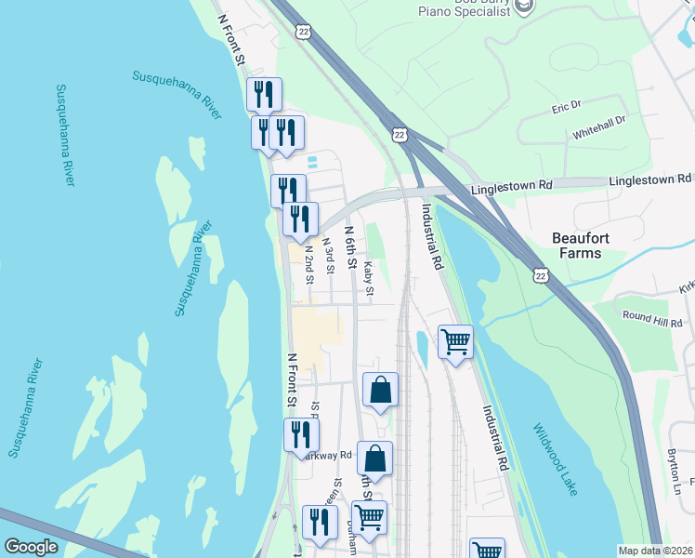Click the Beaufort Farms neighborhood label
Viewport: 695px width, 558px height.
pyautogui.click(x=593, y=246)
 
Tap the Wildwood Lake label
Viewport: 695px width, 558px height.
pyautogui.click(x=556, y=459)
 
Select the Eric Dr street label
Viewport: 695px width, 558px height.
pyautogui.click(x=565, y=107)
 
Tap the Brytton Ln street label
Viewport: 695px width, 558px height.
pyautogui.click(x=674, y=472)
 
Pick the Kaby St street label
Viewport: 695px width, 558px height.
pyautogui.click(x=369, y=279)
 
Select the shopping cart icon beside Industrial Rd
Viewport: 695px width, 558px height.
pyautogui.click(x=455, y=342)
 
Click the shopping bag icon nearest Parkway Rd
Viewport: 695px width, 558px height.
pyautogui.click(x=374, y=458)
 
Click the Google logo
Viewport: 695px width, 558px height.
pyautogui.click(x=32, y=547)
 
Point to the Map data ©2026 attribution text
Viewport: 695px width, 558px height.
pyautogui.click(x=655, y=551)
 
